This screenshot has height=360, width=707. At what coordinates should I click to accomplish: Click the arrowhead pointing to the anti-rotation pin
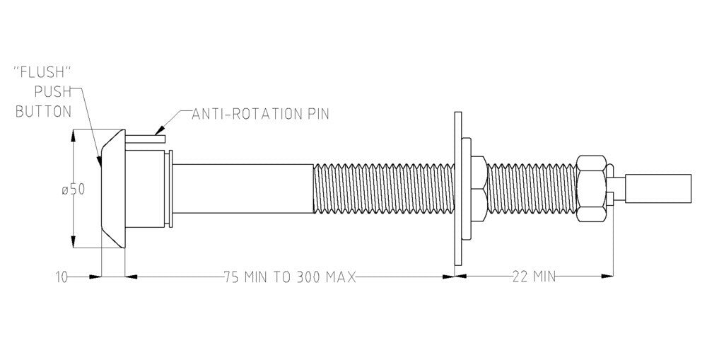160,129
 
